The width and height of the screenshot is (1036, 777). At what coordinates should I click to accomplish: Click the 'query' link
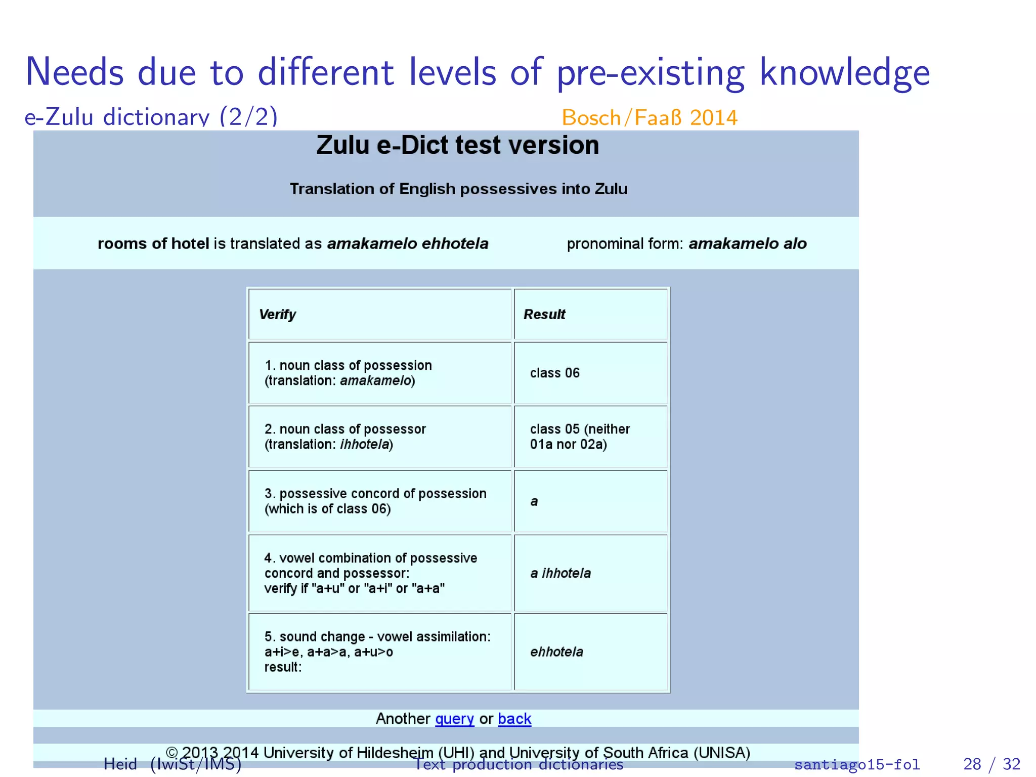pos(454,719)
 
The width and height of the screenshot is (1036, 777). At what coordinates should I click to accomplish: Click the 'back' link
pos(514,719)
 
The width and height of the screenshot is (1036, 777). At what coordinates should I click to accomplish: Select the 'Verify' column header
pos(277,315)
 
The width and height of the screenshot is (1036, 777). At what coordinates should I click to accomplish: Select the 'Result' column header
pos(544,315)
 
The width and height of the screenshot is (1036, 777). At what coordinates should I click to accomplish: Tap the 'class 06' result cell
pos(554,373)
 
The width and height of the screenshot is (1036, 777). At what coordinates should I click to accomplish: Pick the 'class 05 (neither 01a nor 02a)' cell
pos(580,437)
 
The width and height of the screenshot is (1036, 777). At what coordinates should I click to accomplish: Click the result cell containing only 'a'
pos(534,501)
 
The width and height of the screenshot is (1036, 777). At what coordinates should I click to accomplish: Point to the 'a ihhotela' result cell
pos(560,573)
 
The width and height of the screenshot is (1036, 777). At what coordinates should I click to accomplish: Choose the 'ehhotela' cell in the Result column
pos(556,652)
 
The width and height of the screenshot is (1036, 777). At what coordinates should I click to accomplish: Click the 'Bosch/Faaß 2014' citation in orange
pos(650,118)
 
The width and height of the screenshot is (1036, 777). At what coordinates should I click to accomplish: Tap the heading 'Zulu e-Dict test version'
pos(457,146)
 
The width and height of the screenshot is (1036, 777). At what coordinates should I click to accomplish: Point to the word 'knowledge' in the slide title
pos(845,72)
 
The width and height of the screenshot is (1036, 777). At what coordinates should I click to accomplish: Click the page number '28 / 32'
pos(991,764)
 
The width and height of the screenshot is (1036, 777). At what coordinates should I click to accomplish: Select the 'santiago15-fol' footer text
pos(857,764)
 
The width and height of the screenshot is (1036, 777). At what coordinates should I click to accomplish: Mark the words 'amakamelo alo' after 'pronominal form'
pos(748,244)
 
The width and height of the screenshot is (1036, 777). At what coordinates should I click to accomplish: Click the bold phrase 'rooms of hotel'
pos(153,244)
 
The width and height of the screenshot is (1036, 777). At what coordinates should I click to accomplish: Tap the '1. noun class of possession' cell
pos(348,373)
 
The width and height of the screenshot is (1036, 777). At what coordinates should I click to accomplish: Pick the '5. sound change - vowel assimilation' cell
pos(377,652)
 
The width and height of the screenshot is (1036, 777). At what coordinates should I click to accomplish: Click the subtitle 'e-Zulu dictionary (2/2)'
pos(151,117)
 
